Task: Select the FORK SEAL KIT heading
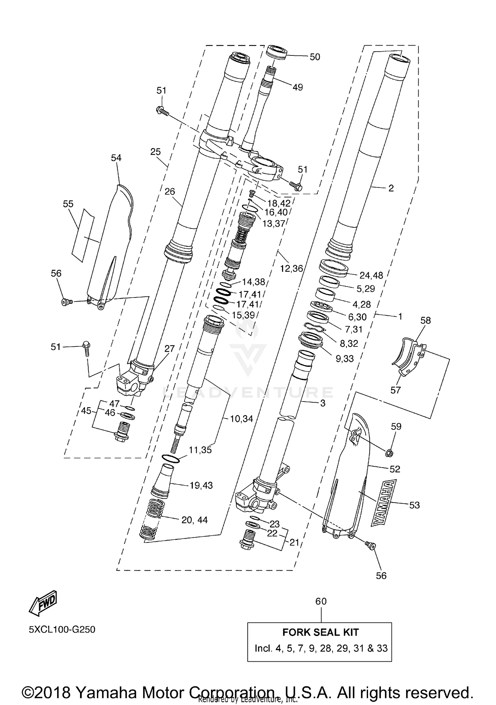coord(320,632)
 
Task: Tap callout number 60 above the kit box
coord(321,601)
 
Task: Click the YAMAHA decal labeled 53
coord(384,503)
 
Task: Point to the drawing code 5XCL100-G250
coord(62,629)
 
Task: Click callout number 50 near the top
coord(315,57)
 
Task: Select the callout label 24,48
coord(371,275)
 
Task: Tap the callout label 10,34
coord(241,419)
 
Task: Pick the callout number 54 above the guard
coord(116,158)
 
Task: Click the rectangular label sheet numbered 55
coord(83,235)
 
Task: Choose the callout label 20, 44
coord(194,520)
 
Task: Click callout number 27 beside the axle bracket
coord(169,348)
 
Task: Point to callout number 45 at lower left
coord(86,411)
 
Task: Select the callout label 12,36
coord(291,268)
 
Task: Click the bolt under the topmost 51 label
coord(162,111)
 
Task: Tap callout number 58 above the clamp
coord(426,320)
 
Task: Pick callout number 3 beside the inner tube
coord(323,403)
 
